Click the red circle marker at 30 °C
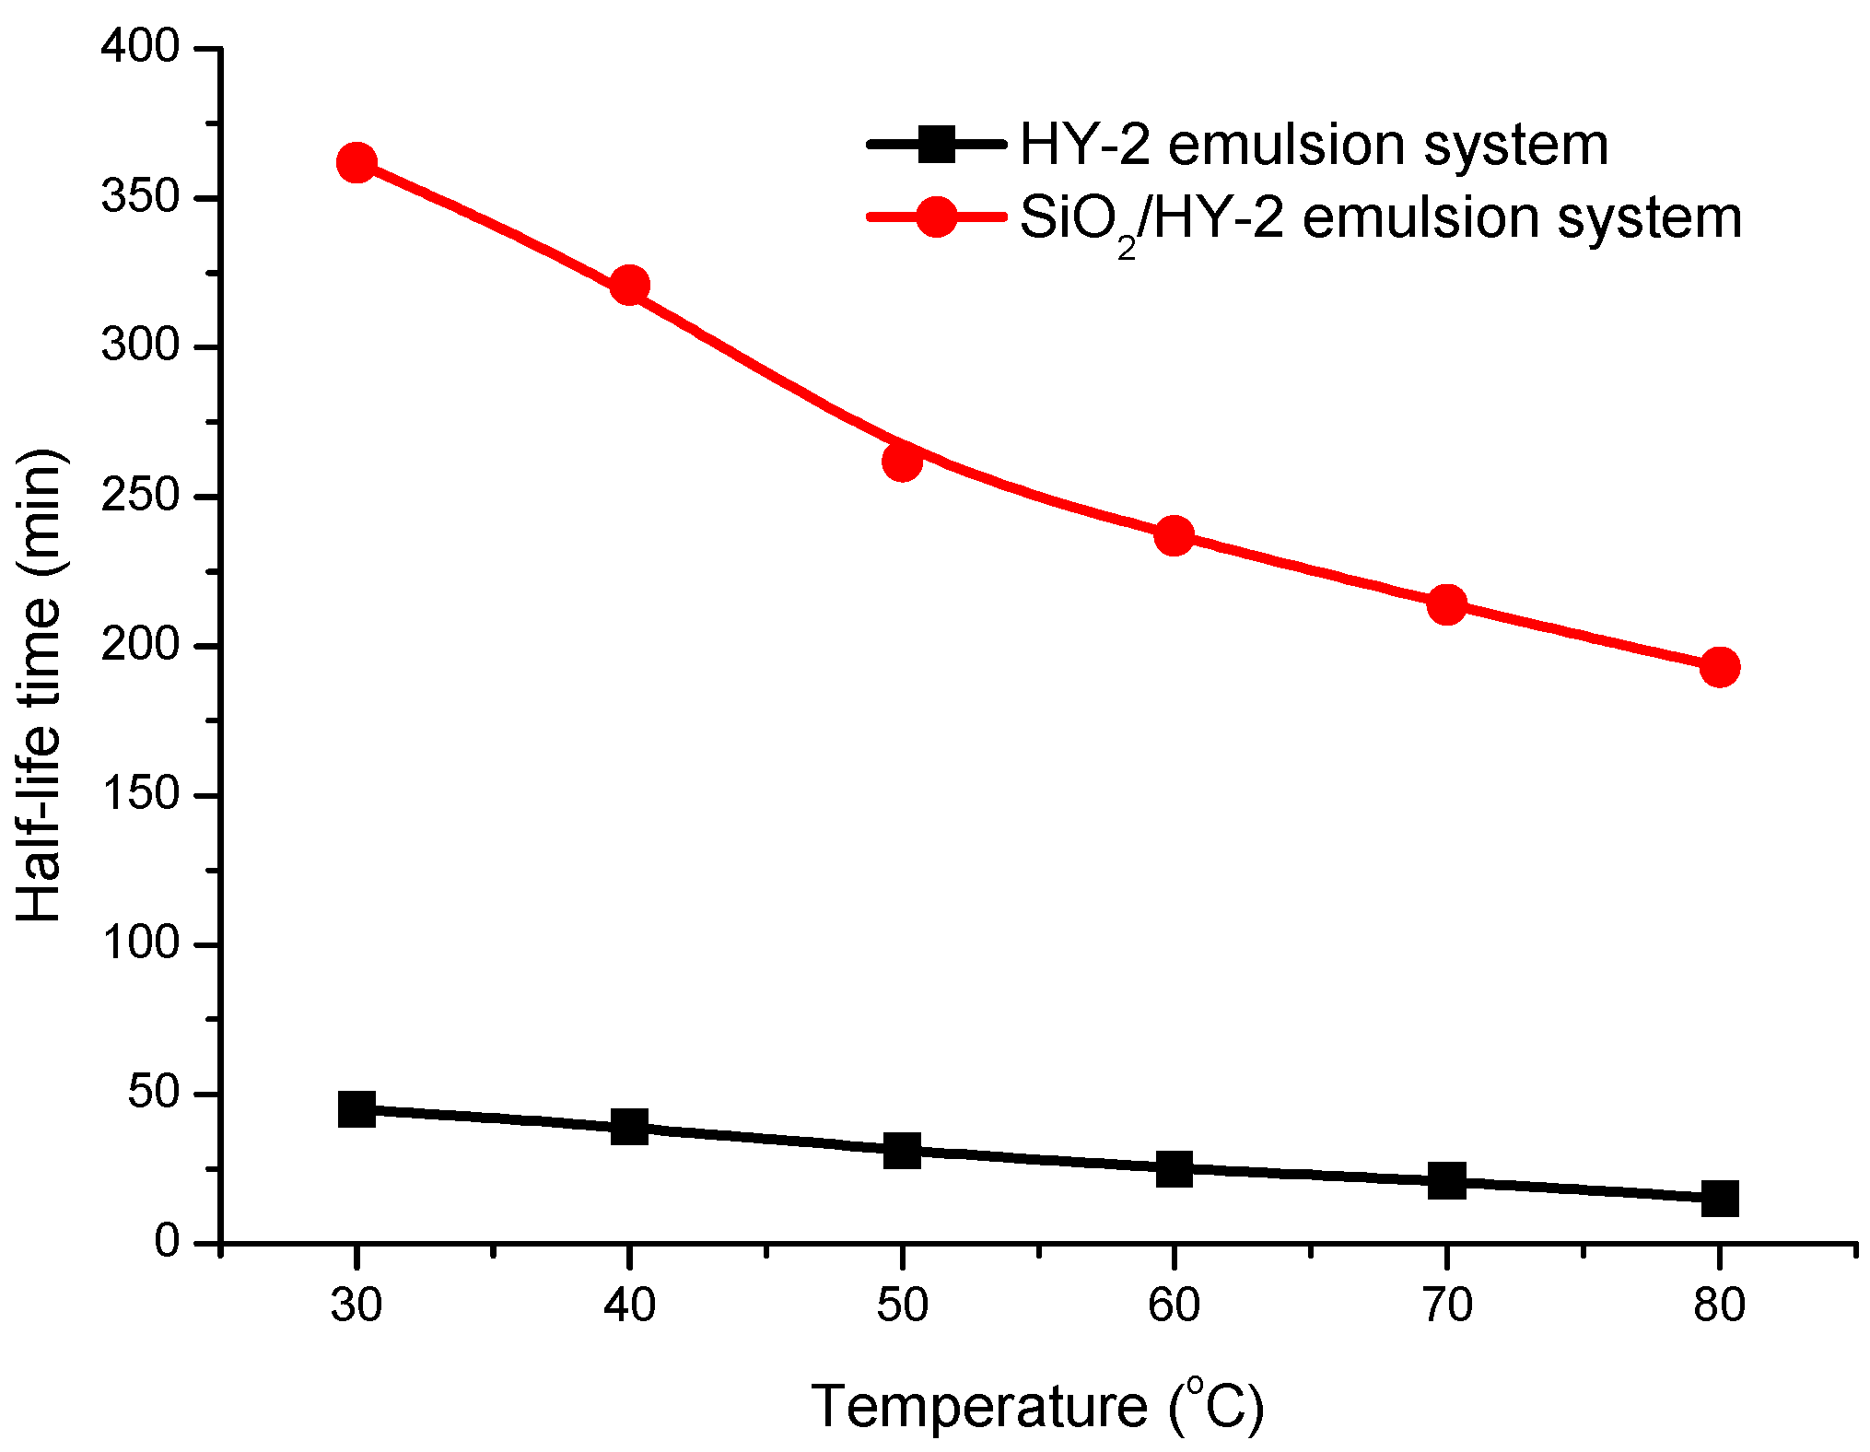tap(356, 163)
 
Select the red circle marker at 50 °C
tap(902, 461)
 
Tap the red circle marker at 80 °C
tap(1719, 666)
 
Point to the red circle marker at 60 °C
tap(1174, 535)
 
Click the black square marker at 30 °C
tap(356, 1109)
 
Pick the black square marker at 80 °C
tap(1719, 1199)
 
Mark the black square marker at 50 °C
tap(902, 1151)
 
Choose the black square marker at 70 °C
tap(1446, 1180)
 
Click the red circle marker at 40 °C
tap(629, 286)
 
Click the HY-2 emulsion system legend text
tap(1314, 145)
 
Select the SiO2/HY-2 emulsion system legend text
tap(1380, 219)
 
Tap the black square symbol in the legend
tap(936, 145)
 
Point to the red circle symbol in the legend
tap(936, 217)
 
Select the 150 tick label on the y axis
tap(140, 793)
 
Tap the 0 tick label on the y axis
tap(167, 1241)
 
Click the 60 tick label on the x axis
tap(1174, 1305)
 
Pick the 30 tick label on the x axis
tap(356, 1305)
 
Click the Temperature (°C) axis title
tap(1037, 1406)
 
